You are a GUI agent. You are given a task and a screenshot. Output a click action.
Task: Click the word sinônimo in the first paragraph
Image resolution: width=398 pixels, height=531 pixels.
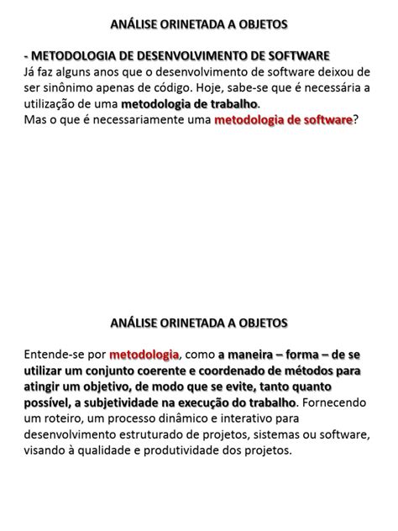[70, 88]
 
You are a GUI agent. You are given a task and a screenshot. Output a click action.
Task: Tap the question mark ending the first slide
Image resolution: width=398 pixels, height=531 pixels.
[355, 121]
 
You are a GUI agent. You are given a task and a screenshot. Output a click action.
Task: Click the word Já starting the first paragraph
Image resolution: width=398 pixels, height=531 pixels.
[32, 72]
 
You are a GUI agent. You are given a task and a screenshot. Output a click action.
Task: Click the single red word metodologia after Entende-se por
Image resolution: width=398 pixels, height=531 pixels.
[144, 355]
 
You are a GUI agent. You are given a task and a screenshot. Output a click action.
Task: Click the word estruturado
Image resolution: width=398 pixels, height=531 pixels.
[145, 434]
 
